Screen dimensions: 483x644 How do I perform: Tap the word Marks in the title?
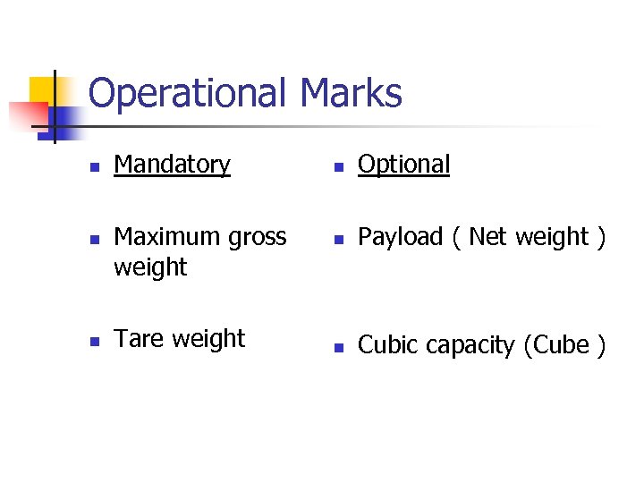point(352,92)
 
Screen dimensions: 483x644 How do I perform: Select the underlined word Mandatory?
point(173,165)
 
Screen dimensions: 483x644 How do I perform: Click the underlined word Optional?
point(404,165)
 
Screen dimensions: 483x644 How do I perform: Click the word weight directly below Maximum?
point(150,267)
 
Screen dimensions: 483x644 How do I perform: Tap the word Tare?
point(139,339)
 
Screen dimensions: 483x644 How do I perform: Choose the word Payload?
point(400,238)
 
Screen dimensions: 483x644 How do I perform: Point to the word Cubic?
point(385,345)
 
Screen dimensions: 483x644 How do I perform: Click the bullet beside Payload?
point(337,240)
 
